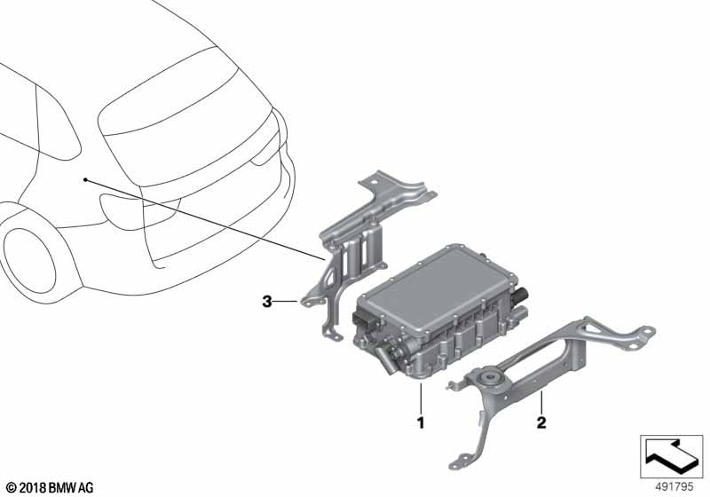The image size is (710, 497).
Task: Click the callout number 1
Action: tap(421, 422)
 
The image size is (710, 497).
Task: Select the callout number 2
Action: tap(541, 422)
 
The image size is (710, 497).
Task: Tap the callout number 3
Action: tap(267, 302)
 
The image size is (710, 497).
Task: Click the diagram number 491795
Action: tap(674, 487)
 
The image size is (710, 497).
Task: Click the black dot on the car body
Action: tap(84, 180)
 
